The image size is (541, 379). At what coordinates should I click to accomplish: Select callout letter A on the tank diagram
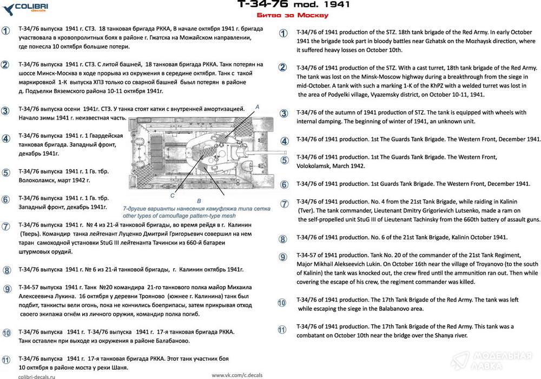258,108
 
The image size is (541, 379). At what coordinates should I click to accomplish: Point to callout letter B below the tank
199,201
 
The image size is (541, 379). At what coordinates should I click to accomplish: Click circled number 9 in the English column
283,257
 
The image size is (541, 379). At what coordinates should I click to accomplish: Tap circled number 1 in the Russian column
5,31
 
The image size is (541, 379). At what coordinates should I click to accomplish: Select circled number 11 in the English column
282,329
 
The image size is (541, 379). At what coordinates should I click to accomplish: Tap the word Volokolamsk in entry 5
318,166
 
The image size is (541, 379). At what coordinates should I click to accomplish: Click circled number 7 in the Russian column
5,227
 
